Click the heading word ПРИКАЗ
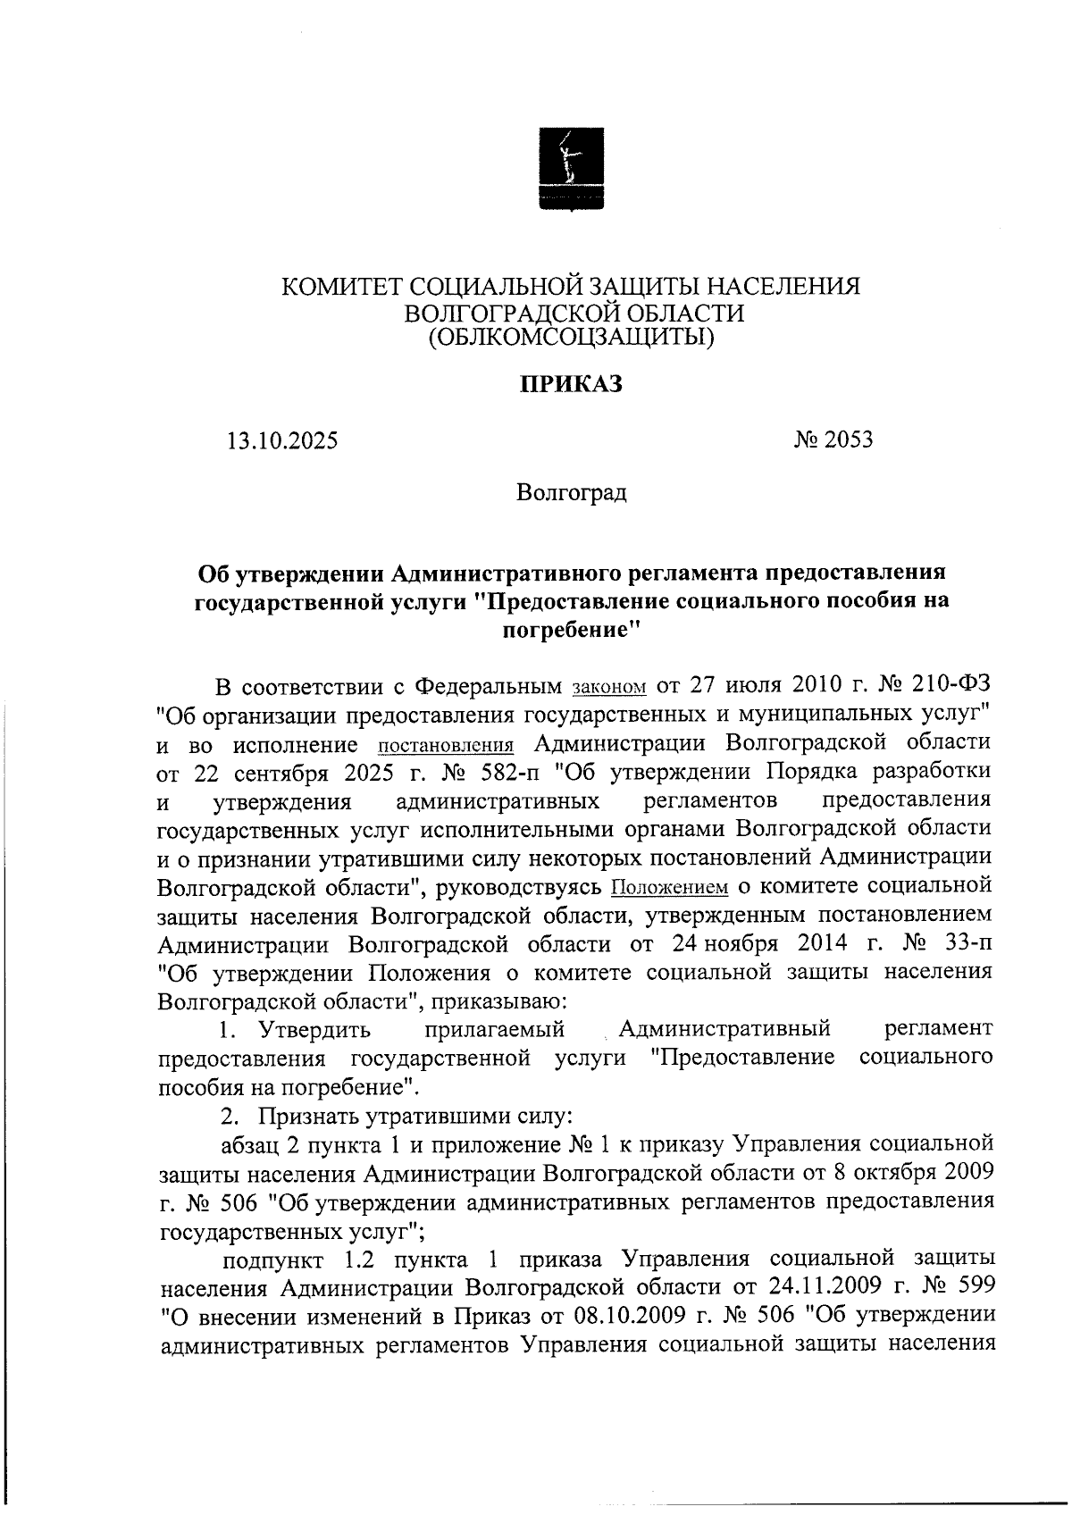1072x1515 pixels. pyautogui.click(x=571, y=385)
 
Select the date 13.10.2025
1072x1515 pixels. pyautogui.click(x=282, y=440)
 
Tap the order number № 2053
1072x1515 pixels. pyautogui.click(x=833, y=439)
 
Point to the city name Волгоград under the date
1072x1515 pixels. pyautogui.click(x=572, y=492)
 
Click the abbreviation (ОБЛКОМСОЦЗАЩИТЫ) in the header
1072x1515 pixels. pyautogui.click(x=572, y=338)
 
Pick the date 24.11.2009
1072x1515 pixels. pyautogui.click(x=810, y=1286)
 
